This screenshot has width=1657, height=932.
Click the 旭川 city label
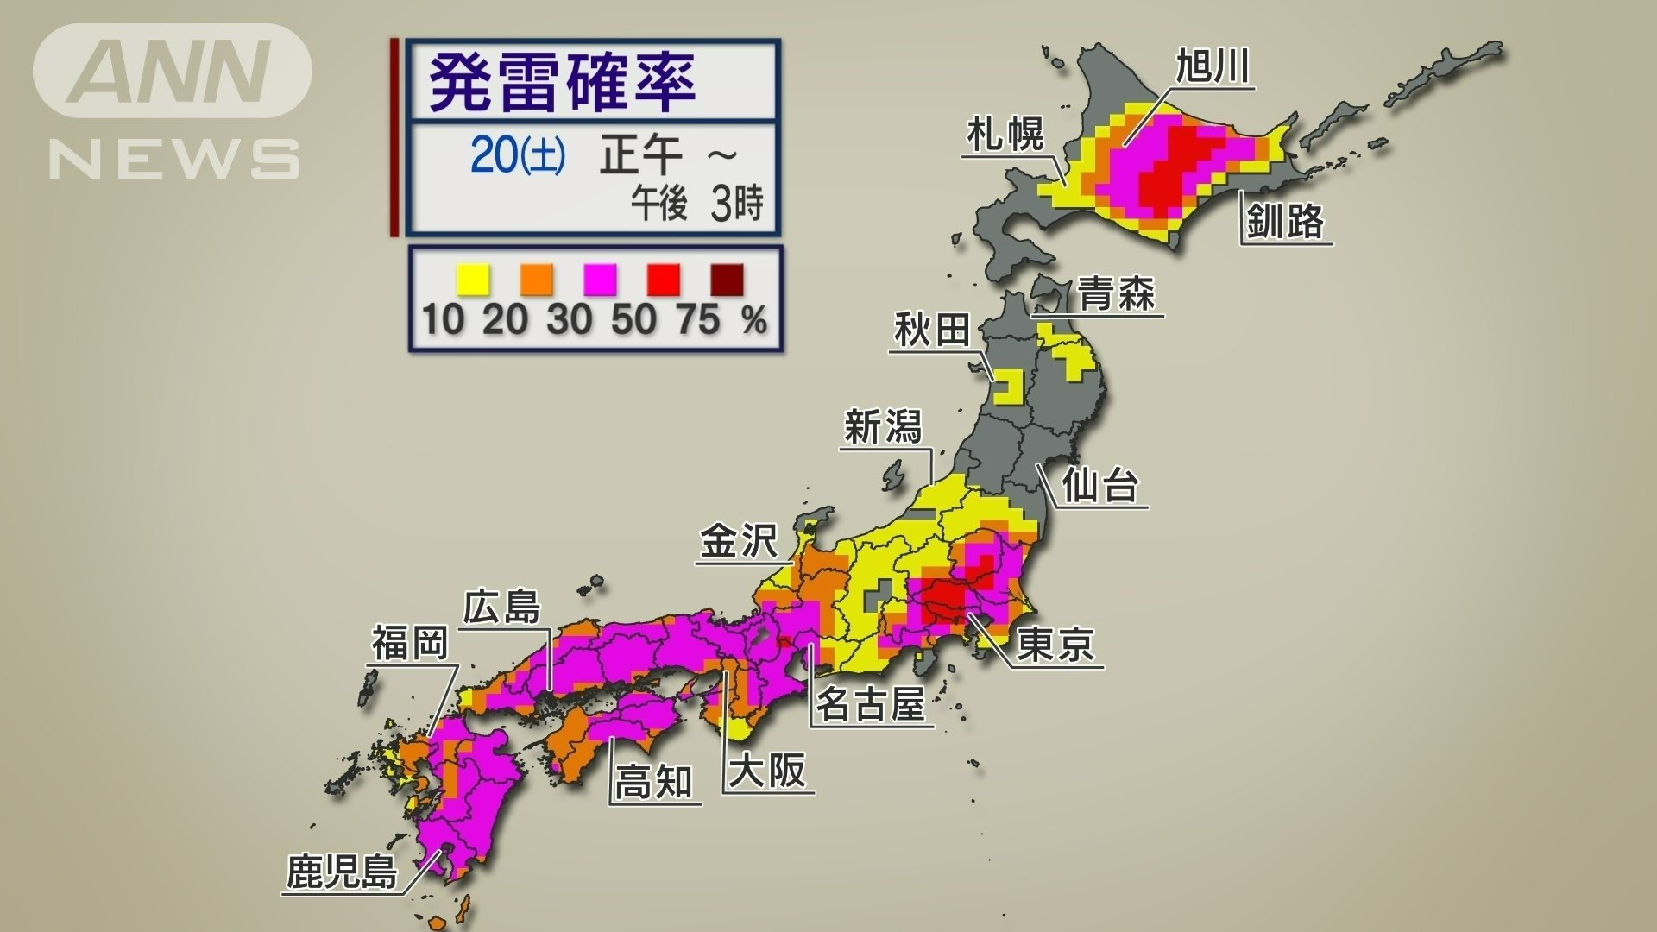click(1213, 66)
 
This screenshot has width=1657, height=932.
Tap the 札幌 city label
click(1005, 135)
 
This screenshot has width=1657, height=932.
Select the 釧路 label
click(1285, 221)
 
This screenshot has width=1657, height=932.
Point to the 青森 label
click(1116, 295)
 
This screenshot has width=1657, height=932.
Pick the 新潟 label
click(883, 427)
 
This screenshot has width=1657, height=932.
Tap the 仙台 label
click(1100, 485)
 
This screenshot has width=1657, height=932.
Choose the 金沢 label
click(739, 543)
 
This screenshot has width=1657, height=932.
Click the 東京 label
click(1055, 644)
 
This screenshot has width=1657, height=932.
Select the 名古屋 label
click(871, 704)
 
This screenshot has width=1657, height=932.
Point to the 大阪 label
click(767, 771)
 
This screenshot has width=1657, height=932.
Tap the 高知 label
click(653, 783)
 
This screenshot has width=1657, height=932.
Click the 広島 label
click(501, 608)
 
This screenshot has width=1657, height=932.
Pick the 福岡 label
click(410, 643)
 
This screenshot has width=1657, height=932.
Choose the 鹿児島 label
click(342, 872)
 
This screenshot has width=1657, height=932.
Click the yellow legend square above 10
click(472, 280)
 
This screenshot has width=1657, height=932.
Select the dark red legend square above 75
click(727, 280)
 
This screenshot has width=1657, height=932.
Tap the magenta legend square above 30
click(600, 280)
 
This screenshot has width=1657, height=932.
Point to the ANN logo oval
click(173, 71)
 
